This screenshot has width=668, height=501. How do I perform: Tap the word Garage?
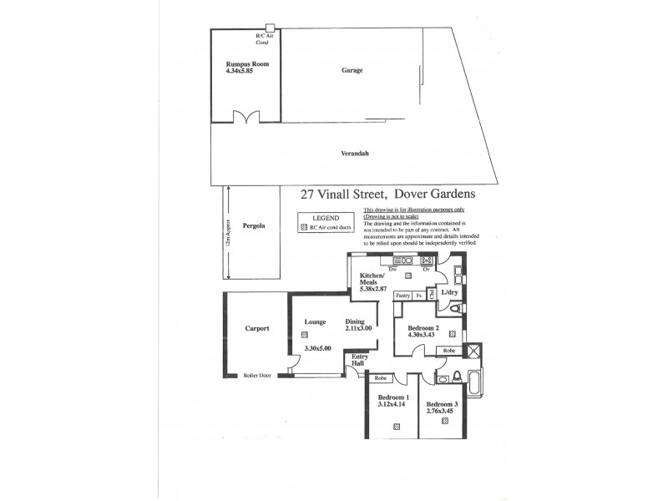(352, 70)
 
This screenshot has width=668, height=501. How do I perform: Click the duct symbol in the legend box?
(303, 225)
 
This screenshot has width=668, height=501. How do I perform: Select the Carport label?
(256, 328)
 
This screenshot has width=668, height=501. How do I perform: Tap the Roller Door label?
(257, 375)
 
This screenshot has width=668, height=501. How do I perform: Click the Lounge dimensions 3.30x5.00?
(318, 348)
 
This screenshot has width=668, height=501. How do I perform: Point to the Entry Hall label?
(359, 359)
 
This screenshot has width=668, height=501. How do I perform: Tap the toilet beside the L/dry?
(453, 311)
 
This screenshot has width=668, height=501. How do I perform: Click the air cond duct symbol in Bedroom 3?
(444, 421)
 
